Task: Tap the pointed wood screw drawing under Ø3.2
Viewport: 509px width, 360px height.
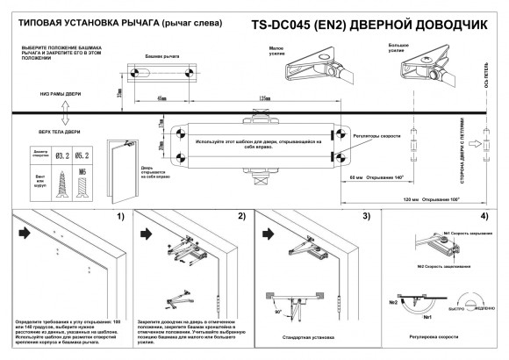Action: [x=62, y=187]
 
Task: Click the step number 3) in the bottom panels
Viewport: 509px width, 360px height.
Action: [x=368, y=215]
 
